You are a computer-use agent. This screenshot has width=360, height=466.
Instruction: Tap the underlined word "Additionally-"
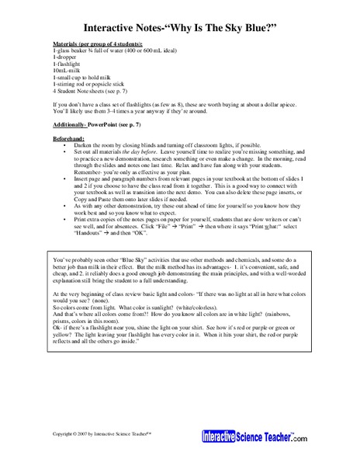coord(71,125)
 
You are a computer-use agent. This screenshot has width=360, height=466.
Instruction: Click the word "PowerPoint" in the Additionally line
coord(110,125)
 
